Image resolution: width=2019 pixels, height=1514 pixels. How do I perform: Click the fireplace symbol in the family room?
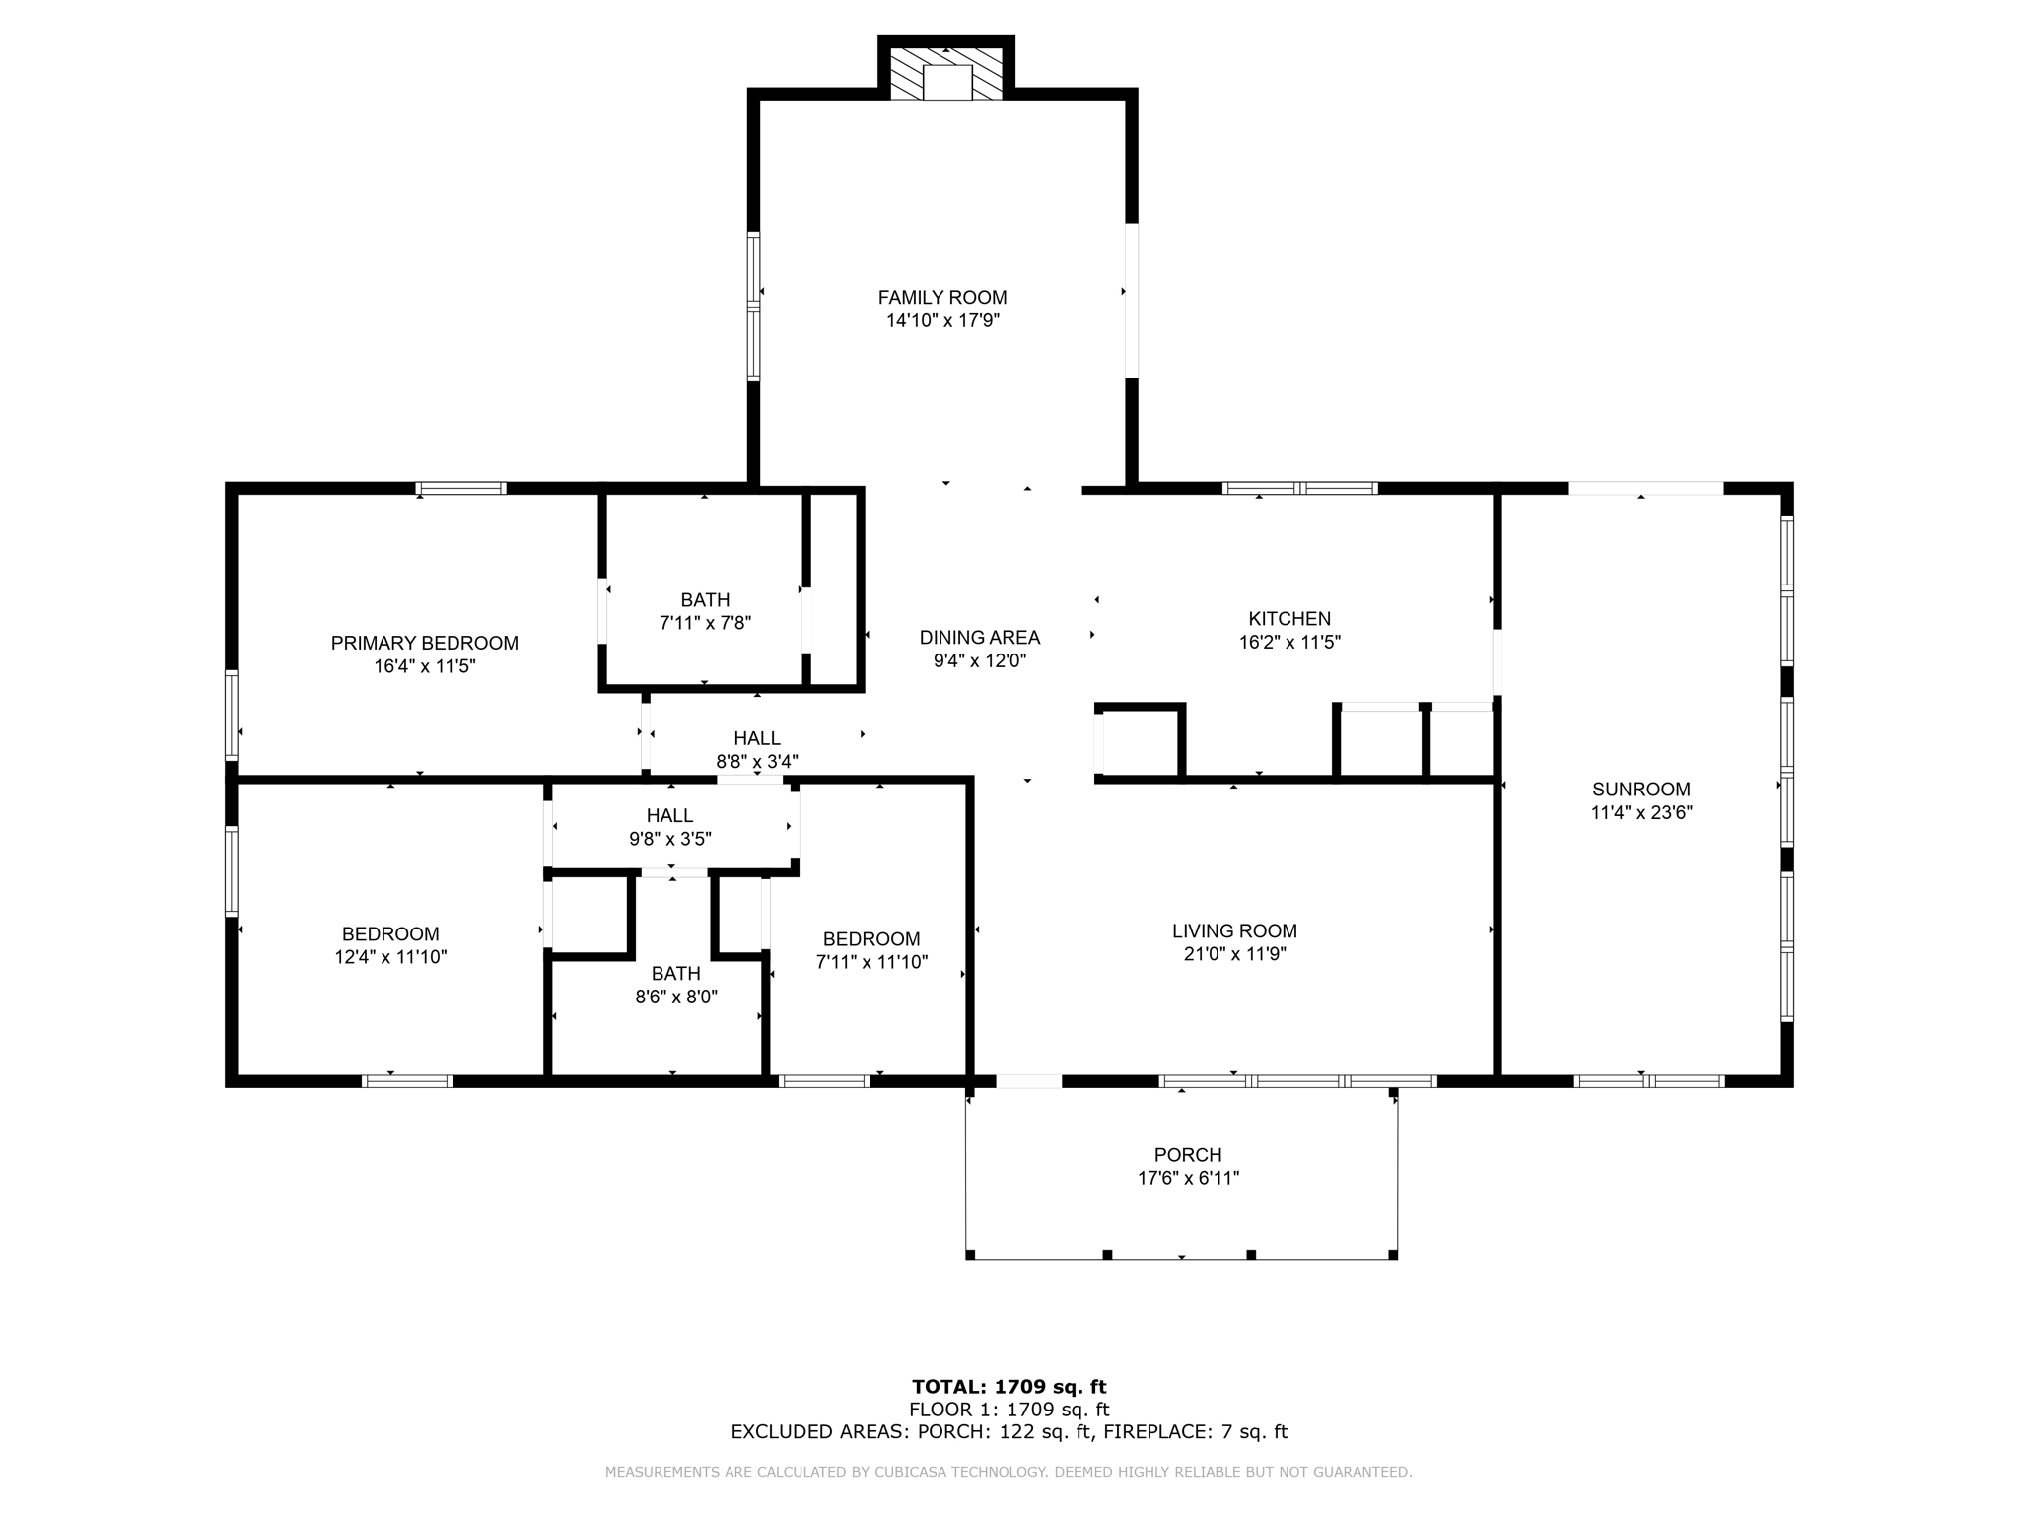click(x=946, y=76)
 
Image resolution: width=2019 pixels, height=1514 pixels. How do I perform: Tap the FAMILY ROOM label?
click(x=942, y=297)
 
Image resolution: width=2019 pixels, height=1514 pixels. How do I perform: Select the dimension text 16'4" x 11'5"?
click(x=424, y=666)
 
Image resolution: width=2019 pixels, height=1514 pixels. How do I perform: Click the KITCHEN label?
click(x=1289, y=619)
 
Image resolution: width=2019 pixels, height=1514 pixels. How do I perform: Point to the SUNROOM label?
click(x=1641, y=790)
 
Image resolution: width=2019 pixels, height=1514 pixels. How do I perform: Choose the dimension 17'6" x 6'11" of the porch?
click(x=1188, y=1178)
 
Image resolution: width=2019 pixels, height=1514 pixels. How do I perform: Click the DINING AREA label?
click(x=980, y=638)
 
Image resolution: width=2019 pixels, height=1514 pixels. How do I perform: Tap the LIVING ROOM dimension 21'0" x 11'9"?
click(x=1234, y=954)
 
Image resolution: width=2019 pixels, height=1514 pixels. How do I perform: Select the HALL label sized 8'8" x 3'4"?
click(x=757, y=738)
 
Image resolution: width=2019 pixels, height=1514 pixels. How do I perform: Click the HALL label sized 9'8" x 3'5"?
click(x=670, y=815)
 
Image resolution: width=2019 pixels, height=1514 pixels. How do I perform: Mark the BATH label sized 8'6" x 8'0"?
click(x=676, y=974)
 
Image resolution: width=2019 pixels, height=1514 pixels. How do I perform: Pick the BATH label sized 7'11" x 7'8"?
click(x=705, y=600)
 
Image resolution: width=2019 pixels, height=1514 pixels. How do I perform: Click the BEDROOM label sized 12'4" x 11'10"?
click(x=390, y=933)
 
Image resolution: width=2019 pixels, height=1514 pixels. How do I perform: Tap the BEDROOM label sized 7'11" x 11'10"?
click(x=871, y=939)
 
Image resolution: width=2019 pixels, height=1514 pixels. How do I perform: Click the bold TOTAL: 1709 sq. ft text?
click(x=1009, y=1387)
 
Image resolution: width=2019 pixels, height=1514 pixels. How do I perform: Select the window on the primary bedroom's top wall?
click(x=460, y=488)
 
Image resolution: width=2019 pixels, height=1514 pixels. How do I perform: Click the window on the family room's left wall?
click(x=754, y=306)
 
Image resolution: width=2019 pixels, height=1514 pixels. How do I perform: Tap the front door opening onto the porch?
click(x=1028, y=1081)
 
